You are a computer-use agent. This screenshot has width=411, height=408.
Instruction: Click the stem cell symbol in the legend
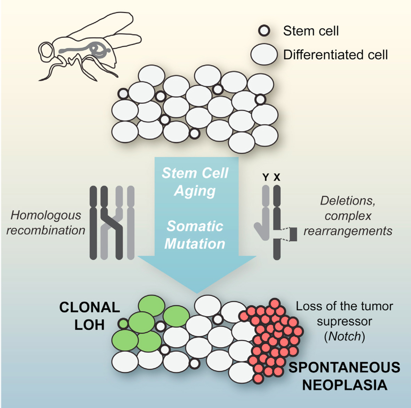coord(264,31)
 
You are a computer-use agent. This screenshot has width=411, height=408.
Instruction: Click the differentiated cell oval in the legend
coord(264,55)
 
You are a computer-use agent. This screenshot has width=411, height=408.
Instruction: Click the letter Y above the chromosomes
coord(266,178)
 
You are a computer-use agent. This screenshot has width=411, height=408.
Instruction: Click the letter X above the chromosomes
coord(277,178)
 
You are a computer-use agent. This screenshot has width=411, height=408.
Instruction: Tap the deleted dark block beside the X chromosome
coord(293,234)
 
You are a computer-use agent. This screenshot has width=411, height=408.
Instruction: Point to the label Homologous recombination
coord(46,223)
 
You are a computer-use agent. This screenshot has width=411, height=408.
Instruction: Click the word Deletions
coord(348,201)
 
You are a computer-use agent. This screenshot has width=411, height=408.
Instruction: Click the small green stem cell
coord(123,323)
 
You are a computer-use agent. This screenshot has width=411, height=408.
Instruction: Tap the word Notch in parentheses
coord(344,336)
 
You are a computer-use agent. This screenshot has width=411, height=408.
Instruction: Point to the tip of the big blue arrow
coord(197,292)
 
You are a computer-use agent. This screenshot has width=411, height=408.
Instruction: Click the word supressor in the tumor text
coord(344,321)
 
